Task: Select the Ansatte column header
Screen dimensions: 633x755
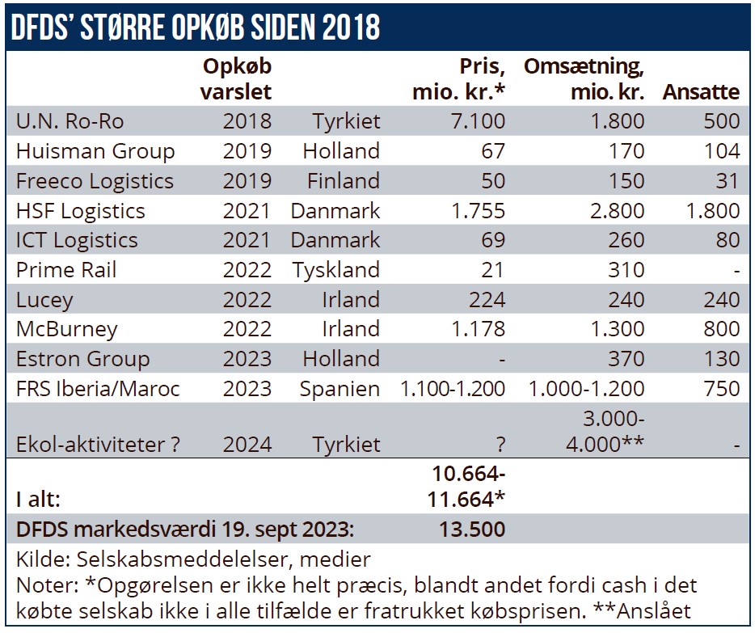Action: (x=701, y=91)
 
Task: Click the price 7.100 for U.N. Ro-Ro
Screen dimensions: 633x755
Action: (x=479, y=121)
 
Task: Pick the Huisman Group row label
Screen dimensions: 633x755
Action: (x=95, y=151)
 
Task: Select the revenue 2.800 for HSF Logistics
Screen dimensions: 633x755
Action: (x=617, y=211)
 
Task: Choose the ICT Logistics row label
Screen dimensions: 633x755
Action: (x=77, y=240)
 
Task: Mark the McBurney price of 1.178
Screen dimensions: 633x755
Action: (x=479, y=329)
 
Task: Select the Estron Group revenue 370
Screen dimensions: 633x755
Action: (x=625, y=359)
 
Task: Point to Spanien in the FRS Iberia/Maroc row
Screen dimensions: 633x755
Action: (x=340, y=389)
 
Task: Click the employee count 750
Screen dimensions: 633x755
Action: (x=721, y=389)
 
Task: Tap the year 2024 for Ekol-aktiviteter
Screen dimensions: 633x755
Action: (x=247, y=445)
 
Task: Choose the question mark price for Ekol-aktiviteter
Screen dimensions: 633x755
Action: (x=498, y=445)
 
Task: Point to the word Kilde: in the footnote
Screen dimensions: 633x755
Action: (x=38, y=559)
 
